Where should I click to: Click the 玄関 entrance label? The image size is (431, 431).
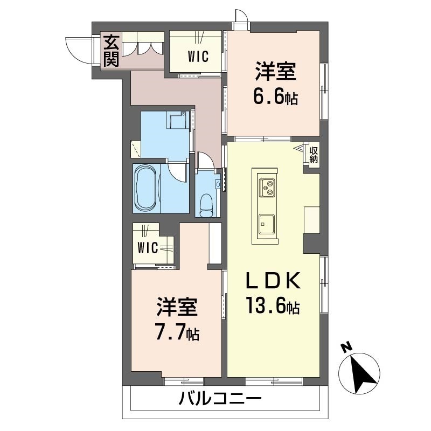click(x=111, y=51)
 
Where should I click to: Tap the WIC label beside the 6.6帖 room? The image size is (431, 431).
click(x=198, y=57)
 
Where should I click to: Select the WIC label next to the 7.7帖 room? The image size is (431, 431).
click(x=148, y=248)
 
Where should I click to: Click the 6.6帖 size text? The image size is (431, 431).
click(x=275, y=97)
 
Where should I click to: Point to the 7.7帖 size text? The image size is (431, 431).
click(x=178, y=332)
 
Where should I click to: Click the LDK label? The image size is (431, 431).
click(x=273, y=280)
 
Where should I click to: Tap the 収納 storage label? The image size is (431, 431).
click(x=314, y=155)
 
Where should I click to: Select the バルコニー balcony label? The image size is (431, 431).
click(x=220, y=399)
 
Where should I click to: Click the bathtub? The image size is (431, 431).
click(x=146, y=189)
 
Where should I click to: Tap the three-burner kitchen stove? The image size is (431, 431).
click(x=266, y=187)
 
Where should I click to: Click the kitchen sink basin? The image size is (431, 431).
click(x=266, y=224)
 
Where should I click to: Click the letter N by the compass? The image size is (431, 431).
click(x=347, y=347)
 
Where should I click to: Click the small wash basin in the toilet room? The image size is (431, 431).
click(x=218, y=184)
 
